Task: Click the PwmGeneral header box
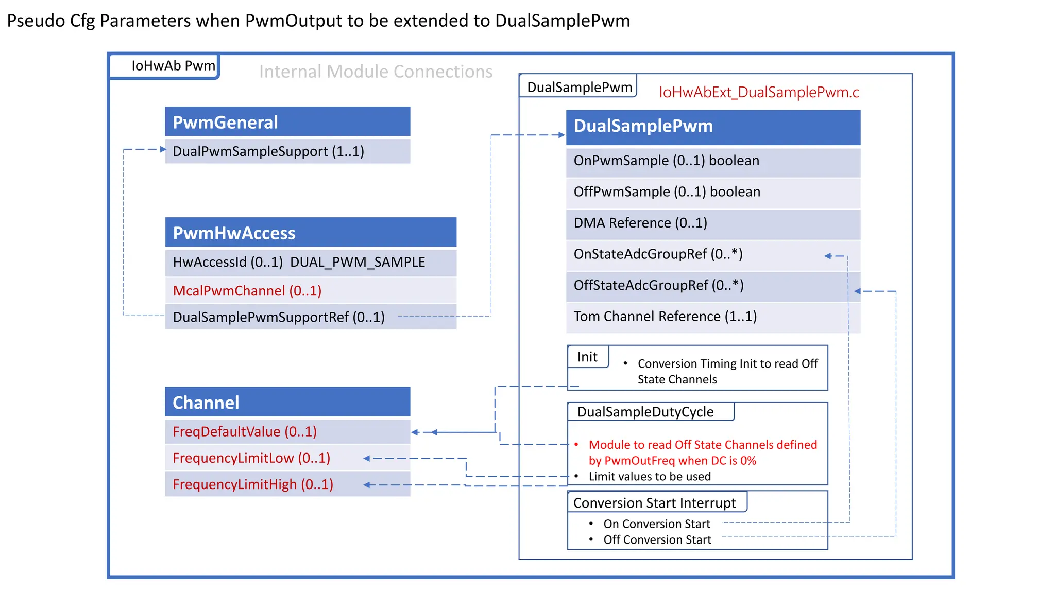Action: click(x=287, y=122)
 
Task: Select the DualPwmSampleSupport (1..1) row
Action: click(x=287, y=151)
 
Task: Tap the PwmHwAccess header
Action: click(x=310, y=233)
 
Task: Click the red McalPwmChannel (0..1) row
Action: click(x=310, y=291)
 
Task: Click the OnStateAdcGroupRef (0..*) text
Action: click(x=658, y=254)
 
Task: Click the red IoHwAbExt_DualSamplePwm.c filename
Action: click(x=759, y=92)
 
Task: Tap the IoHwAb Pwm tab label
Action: click(x=173, y=66)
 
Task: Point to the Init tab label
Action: click(x=587, y=357)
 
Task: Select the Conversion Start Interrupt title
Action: click(x=654, y=503)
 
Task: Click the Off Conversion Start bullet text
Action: click(x=657, y=539)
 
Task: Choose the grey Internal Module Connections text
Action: click(x=376, y=72)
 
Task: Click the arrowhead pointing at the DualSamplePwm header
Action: click(x=562, y=135)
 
